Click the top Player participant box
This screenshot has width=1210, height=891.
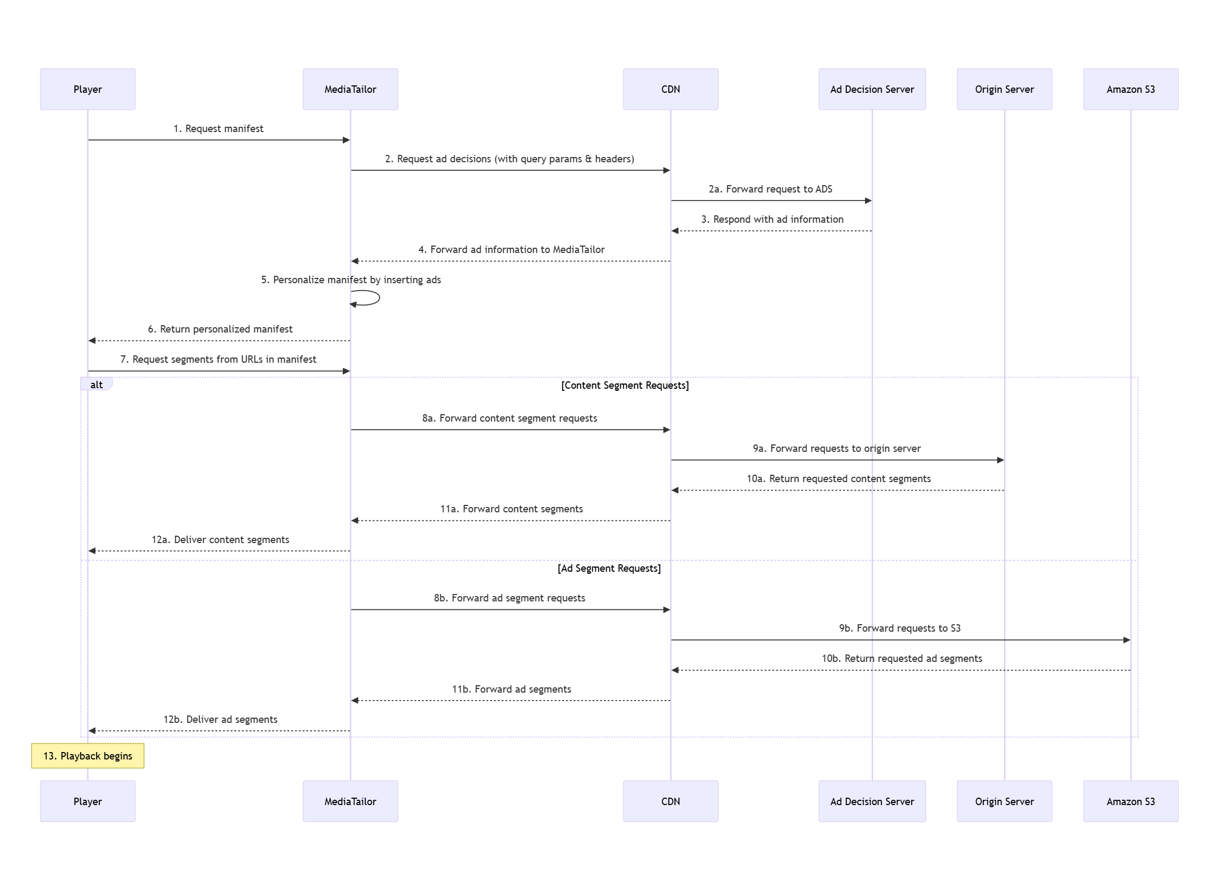[x=88, y=89]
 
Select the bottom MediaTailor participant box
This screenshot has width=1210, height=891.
[x=350, y=801]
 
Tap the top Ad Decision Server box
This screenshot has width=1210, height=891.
[x=871, y=89]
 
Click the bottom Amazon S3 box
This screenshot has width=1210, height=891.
[x=1130, y=801]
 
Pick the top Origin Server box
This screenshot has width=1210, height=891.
[x=1004, y=89]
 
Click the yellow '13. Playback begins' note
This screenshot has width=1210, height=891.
[x=88, y=756]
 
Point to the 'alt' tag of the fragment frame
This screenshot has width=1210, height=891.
[x=96, y=385]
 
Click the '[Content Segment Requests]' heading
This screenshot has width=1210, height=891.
[x=625, y=385]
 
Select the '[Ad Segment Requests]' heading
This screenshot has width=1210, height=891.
[x=609, y=568]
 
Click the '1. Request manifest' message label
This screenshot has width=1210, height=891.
[x=218, y=128]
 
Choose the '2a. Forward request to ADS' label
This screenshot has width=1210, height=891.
[x=770, y=189]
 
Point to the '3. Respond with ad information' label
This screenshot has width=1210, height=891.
[x=772, y=219]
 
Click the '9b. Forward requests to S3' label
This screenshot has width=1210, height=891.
[x=899, y=628]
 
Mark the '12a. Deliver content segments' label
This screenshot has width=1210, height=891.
[x=220, y=539]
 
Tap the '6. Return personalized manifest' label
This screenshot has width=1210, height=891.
[x=220, y=329]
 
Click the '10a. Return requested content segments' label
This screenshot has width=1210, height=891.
[x=838, y=478]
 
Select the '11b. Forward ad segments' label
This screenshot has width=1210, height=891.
[x=511, y=689]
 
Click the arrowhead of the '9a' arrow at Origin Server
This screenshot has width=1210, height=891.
[x=1000, y=460]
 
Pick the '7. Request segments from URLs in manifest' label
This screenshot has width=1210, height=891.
[x=218, y=359]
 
